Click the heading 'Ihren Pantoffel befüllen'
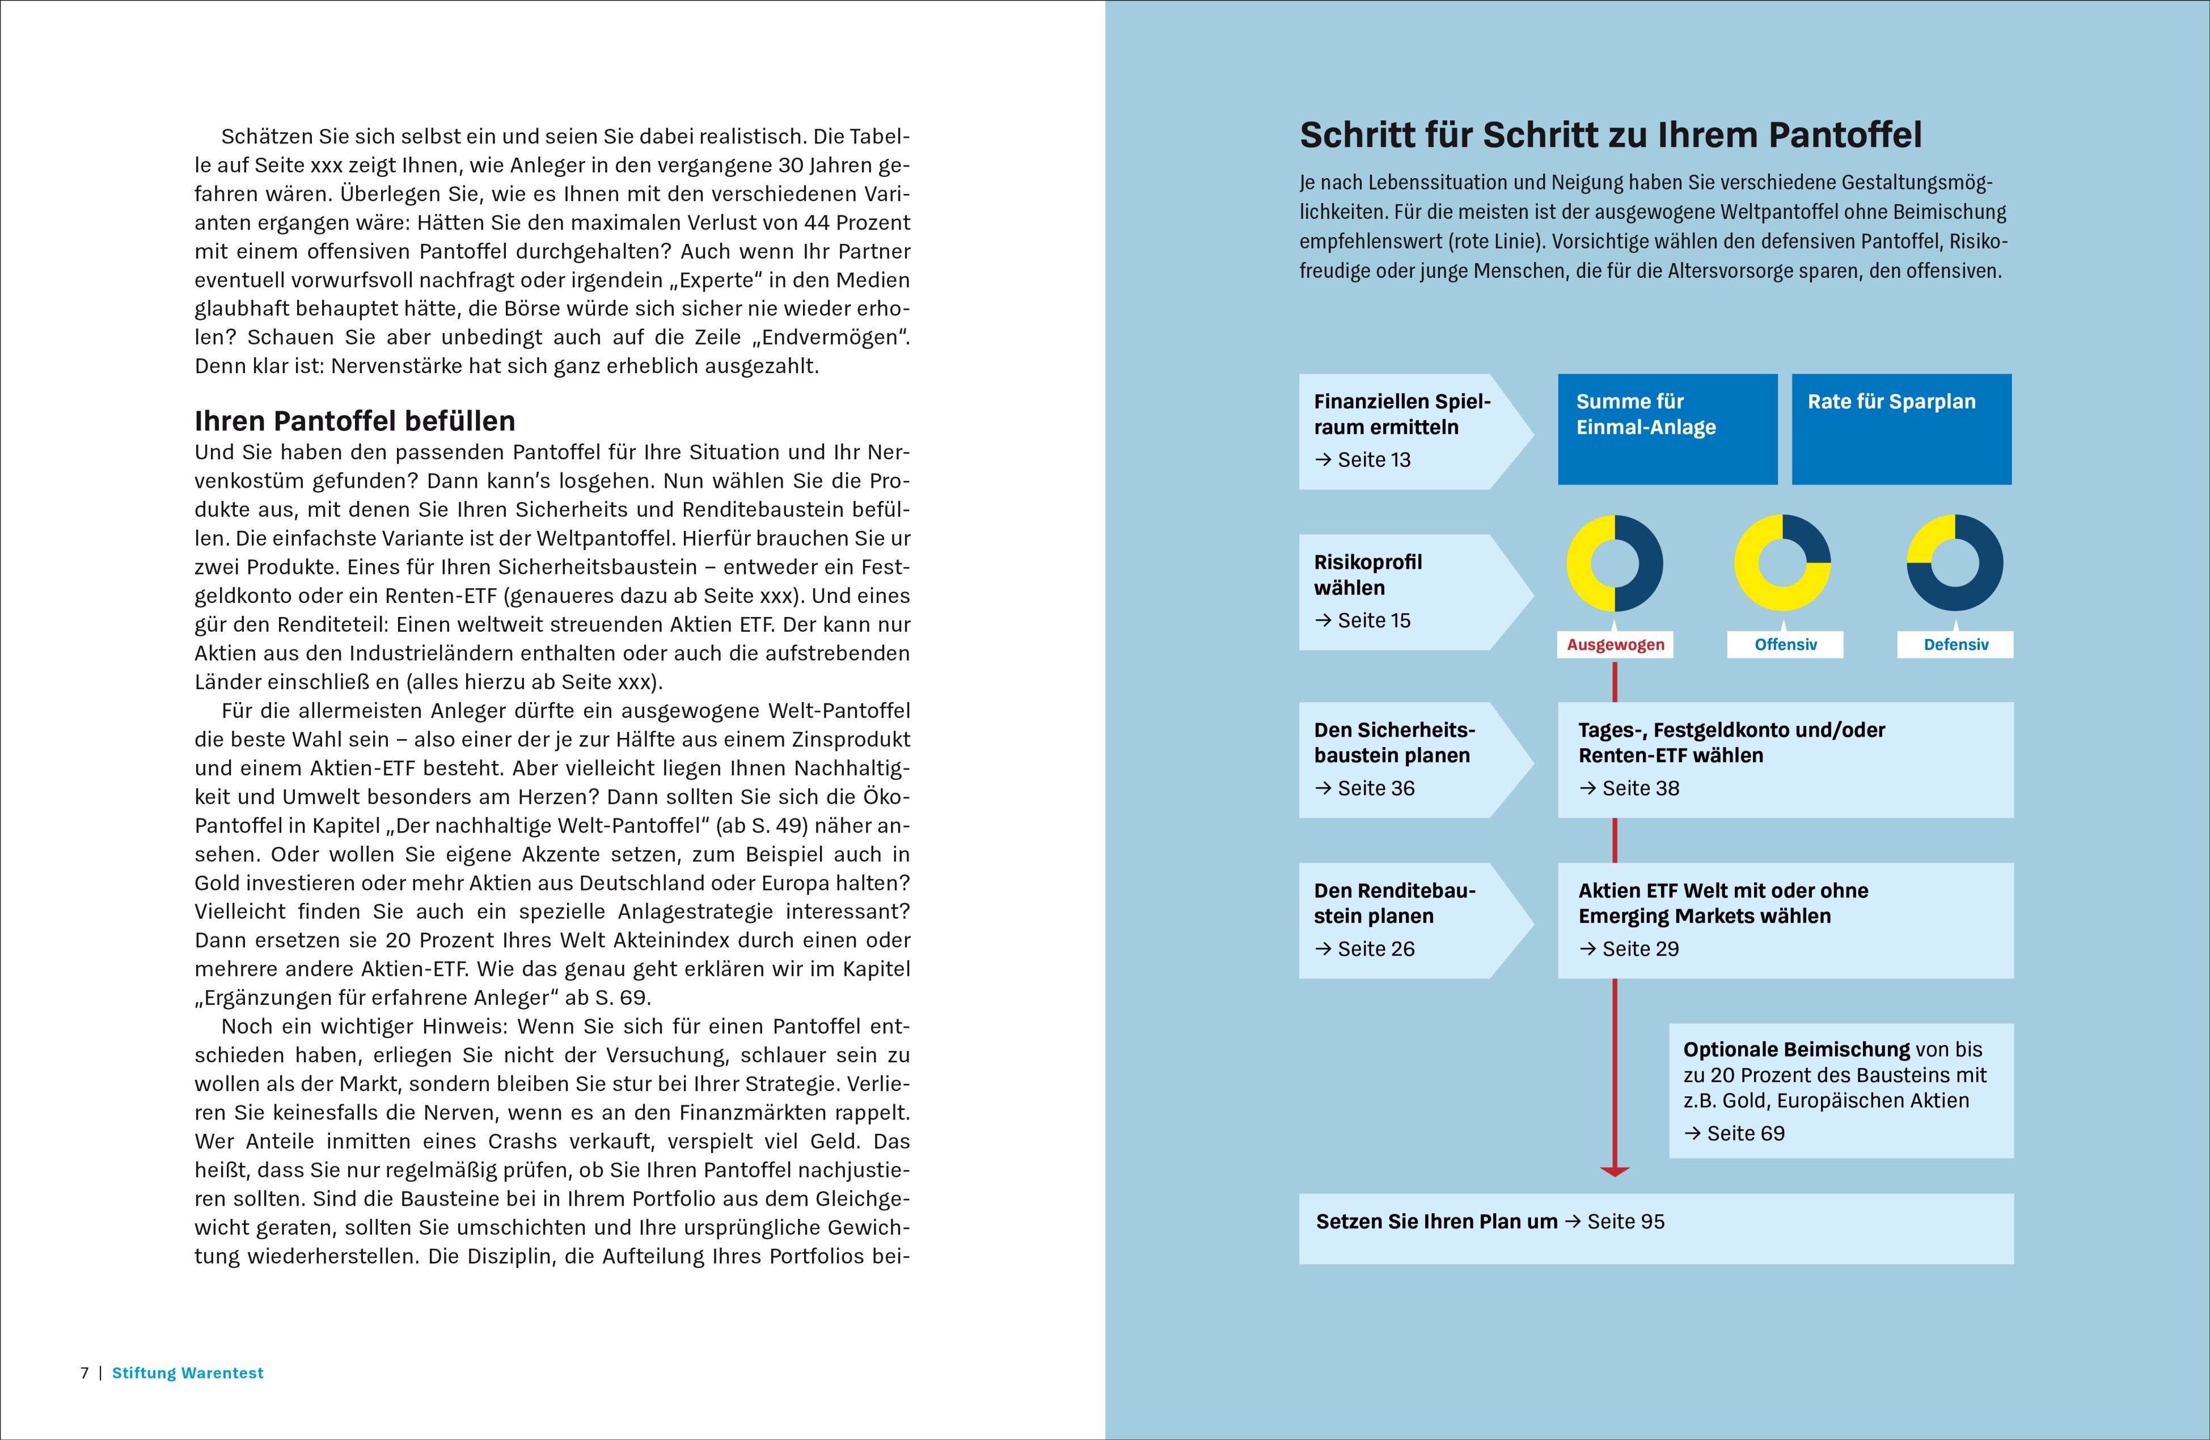click(x=354, y=421)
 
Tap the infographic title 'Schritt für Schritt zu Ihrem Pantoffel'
click(x=1610, y=136)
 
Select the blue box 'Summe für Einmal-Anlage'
click(x=1667, y=429)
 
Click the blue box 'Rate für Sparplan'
click(x=1901, y=429)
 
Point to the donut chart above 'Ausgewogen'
click(x=1615, y=564)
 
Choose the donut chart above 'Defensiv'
click(x=1955, y=564)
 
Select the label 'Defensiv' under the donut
click(x=1955, y=644)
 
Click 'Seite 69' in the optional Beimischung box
click(x=1745, y=1134)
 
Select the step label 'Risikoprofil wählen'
click(x=1368, y=575)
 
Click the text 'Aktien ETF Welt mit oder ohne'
click(x=1722, y=890)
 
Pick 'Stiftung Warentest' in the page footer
click(x=188, y=1373)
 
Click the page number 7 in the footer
click(x=84, y=1373)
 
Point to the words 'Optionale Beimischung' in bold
click(x=1796, y=1050)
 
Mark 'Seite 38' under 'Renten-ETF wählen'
click(x=1640, y=788)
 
